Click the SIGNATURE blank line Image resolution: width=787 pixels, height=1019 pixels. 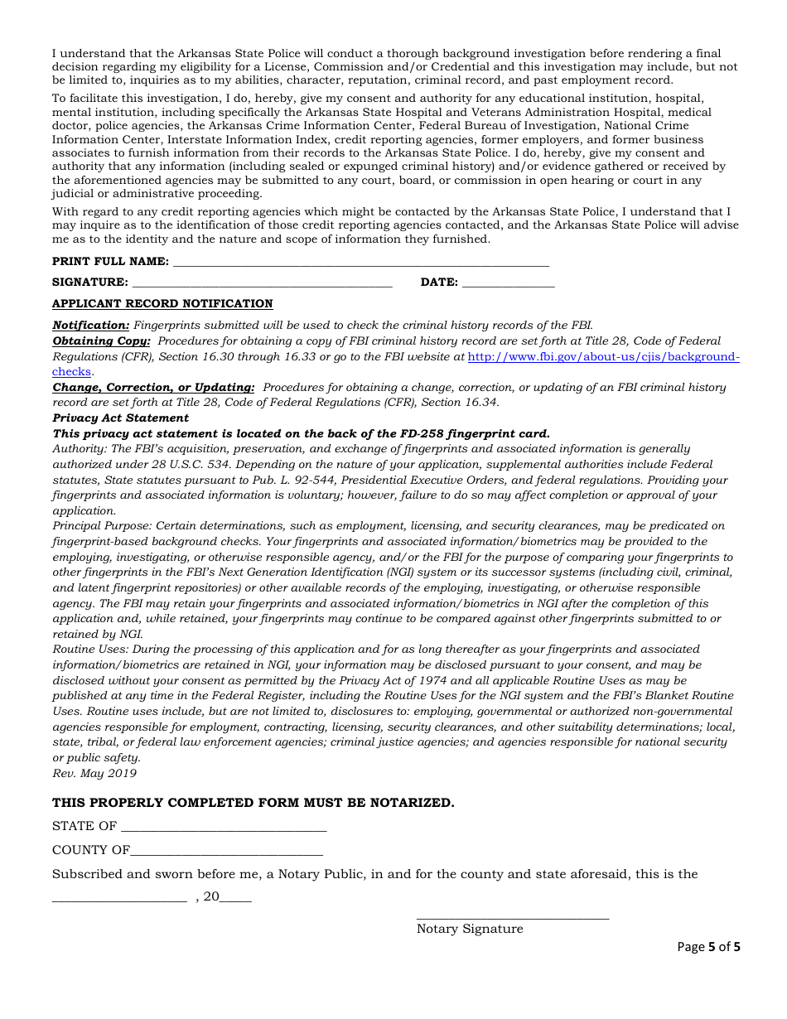[262, 283]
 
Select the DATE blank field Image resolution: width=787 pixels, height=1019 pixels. [508, 283]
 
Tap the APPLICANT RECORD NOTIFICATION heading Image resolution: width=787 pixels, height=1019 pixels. [162, 304]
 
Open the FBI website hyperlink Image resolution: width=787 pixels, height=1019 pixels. [603, 357]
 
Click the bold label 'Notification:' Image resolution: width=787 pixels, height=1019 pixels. [91, 326]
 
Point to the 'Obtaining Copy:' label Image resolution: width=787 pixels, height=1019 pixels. [101, 341]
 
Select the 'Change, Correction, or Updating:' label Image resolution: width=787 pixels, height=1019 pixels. [153, 388]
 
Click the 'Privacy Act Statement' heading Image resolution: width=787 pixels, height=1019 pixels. [121, 418]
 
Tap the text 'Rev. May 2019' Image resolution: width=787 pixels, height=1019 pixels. [94, 774]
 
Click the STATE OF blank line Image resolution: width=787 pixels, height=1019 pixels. [224, 827]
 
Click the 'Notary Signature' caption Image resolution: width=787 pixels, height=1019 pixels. [470, 930]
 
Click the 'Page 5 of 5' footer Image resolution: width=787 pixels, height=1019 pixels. [708, 947]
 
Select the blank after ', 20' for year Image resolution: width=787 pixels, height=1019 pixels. [236, 898]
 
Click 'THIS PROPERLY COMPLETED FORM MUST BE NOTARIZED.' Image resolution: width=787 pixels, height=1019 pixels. [253, 803]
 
